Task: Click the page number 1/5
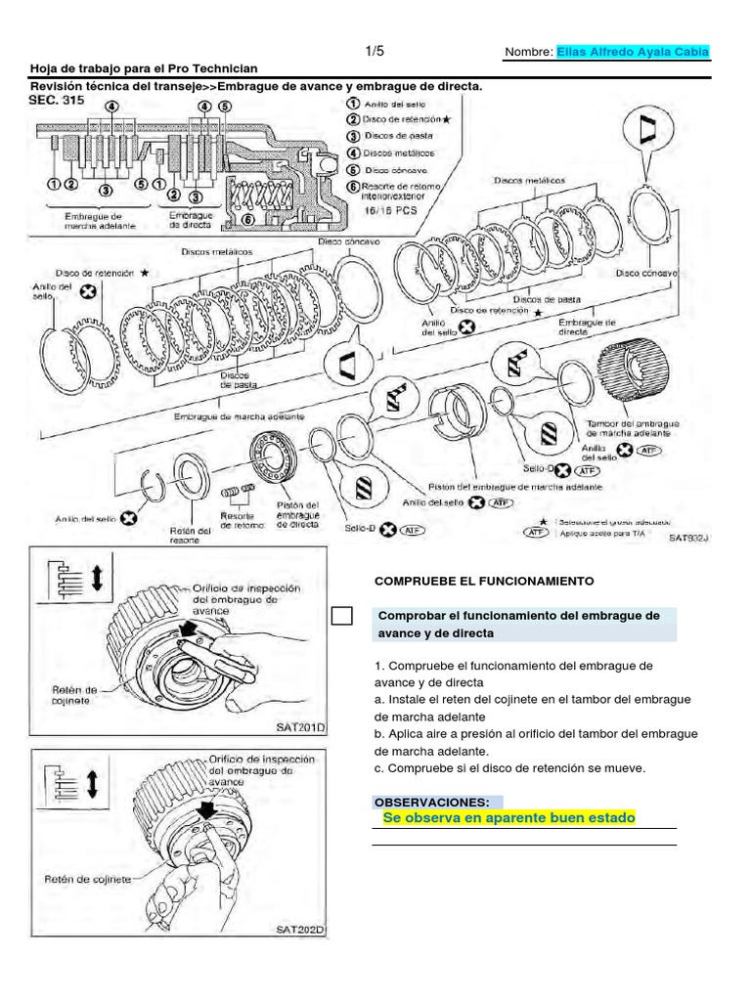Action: [x=375, y=50]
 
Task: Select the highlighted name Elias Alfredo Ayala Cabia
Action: [x=633, y=52]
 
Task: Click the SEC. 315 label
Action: [x=58, y=100]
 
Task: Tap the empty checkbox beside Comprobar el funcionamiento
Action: [x=341, y=616]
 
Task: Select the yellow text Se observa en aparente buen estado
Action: [x=508, y=817]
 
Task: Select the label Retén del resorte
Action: [x=191, y=535]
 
